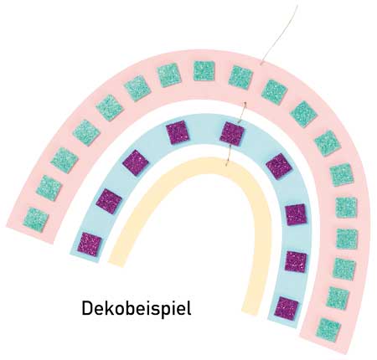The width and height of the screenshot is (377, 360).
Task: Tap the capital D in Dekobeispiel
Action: tap(87, 308)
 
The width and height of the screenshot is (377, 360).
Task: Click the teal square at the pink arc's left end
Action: tap(36, 219)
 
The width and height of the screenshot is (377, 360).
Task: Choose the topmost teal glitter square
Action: tap(204, 70)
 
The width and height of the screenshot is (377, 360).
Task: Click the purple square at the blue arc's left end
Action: tap(90, 244)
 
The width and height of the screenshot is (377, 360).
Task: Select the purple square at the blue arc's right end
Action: tap(287, 308)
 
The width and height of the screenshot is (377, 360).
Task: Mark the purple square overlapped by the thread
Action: tap(232, 134)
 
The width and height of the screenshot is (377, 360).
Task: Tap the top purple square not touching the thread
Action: tap(178, 132)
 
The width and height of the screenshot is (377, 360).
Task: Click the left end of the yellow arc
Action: tap(116, 263)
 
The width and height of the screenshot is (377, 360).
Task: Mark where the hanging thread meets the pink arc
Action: tap(261, 64)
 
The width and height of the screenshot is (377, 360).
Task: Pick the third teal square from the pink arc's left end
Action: tap(65, 160)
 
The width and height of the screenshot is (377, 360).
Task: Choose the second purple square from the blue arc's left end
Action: tap(109, 202)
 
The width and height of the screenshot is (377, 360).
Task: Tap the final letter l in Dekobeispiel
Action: tap(189, 308)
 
